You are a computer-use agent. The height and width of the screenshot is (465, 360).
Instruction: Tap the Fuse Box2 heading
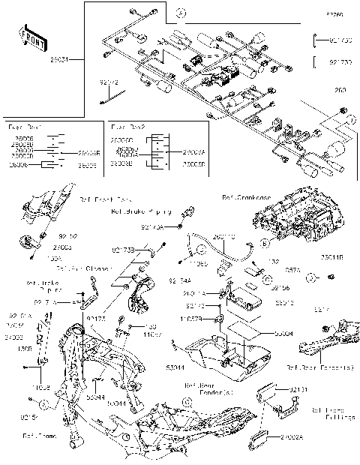(x=124, y=128)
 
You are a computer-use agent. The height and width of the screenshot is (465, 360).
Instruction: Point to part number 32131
(x=298, y=390)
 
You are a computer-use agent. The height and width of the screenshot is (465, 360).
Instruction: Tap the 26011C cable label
(x=223, y=237)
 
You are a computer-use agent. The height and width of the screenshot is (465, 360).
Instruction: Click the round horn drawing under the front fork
(x=30, y=243)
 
